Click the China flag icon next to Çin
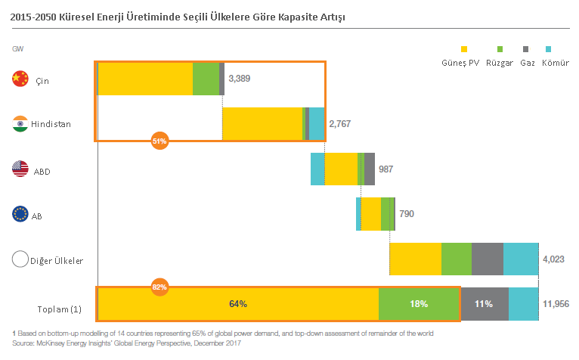click(x=20, y=78)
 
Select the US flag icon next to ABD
click(x=20, y=169)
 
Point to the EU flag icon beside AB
click(x=20, y=215)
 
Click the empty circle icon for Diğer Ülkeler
click(x=20, y=259)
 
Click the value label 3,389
click(x=240, y=79)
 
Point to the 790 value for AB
click(x=407, y=214)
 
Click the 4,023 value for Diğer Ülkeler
click(x=554, y=259)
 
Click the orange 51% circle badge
click(x=159, y=140)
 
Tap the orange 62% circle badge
click(x=159, y=287)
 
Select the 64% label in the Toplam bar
click(x=238, y=304)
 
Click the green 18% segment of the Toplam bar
click(x=419, y=304)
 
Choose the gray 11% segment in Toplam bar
click(x=484, y=304)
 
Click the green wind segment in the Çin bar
click(x=206, y=79)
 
